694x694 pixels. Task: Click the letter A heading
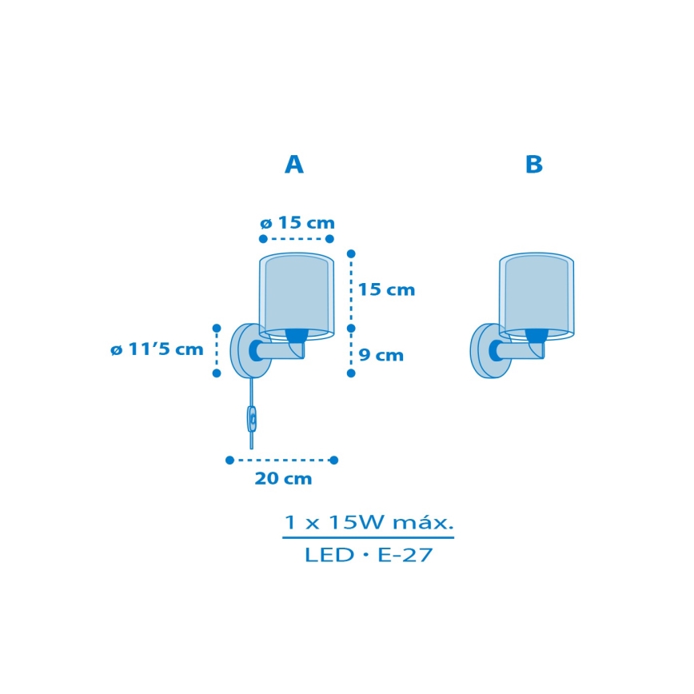tap(294, 164)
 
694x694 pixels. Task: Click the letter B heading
tap(534, 164)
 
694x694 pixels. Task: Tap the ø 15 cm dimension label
tap(297, 222)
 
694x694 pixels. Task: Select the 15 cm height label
tap(386, 289)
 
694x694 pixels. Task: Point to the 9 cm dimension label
tap(381, 355)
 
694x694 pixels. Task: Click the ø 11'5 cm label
tap(157, 349)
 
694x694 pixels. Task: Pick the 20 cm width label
tap(283, 478)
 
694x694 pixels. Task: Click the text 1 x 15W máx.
tap(369, 523)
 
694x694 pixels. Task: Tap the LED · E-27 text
tap(369, 555)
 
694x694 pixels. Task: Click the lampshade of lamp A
tap(297, 296)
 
